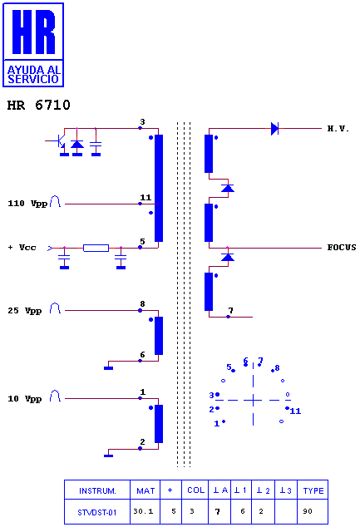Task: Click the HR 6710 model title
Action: pos(38,105)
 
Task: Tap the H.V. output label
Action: pos(338,128)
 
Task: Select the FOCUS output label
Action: pos(342,248)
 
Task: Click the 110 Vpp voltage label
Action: pos(27,204)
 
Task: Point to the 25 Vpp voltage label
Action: pos(25,311)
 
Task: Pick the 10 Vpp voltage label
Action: pos(25,399)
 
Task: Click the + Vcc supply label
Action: pos(22,248)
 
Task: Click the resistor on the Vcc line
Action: pos(96,248)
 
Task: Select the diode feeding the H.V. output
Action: pos(275,128)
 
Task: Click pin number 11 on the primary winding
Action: pos(145,197)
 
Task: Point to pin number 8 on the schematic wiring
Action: pos(142,304)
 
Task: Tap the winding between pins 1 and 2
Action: pos(159,423)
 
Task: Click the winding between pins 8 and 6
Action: pos(159,336)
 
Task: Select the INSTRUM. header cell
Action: pos(97,490)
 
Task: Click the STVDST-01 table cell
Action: pos(96,512)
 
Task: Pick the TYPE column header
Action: pos(313,490)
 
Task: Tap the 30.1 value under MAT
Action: pos(143,511)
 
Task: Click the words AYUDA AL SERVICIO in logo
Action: pos(33,75)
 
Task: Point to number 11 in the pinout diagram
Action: pos(295,411)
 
